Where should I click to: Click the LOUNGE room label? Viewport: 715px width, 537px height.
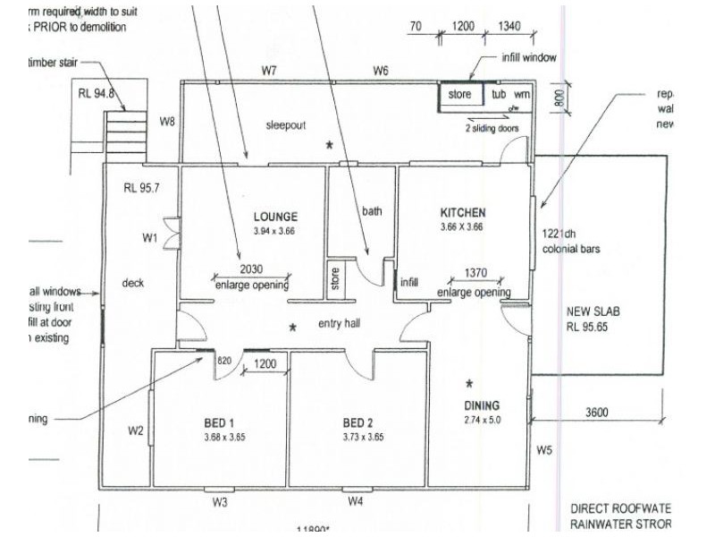coord(274,217)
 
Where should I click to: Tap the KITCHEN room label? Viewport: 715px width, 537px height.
coord(463,213)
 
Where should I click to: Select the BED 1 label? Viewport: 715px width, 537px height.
coord(219,423)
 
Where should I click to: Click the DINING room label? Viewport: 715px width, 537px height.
coord(482,405)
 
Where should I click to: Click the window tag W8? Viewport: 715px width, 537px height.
coord(168,120)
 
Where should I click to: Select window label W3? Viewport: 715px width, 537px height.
coord(221,502)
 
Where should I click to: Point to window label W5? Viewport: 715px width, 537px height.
coord(544,448)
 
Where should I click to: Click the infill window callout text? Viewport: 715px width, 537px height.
coord(528,57)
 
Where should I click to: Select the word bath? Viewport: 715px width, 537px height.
coord(372,212)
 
